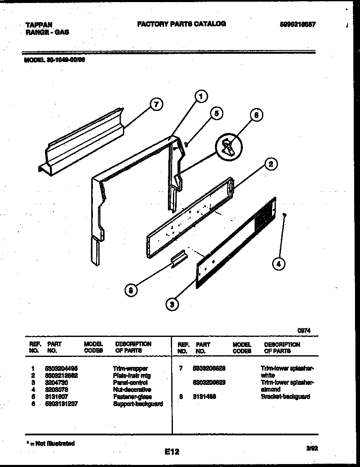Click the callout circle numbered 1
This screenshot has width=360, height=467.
pos(200,97)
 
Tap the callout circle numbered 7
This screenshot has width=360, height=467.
pos(156,105)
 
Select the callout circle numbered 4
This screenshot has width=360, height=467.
pos(279,264)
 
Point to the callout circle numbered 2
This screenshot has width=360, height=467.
pos(271,164)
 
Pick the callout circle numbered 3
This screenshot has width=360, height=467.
pos(171,304)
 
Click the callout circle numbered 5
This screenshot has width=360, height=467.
pos(215,113)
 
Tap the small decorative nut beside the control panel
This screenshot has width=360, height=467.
pos(284,215)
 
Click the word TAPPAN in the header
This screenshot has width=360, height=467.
pos(38,25)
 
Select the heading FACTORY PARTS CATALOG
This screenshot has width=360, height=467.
pos(181,24)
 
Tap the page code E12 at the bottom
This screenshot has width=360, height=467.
pos(172,451)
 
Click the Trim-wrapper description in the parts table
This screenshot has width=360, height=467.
pos(130,369)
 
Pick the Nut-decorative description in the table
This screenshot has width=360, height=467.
pos(132,389)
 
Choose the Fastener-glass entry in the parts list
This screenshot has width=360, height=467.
pos(132,397)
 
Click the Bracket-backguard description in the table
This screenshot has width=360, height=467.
pos(285,397)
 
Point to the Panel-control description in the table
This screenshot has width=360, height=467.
pos(130,382)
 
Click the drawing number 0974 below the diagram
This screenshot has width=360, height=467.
pos(303,330)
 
